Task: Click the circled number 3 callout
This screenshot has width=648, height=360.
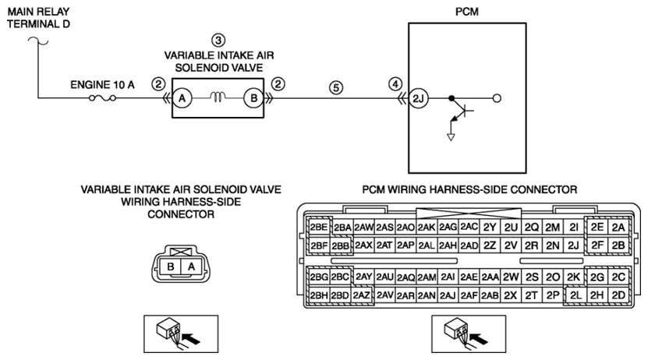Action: (218, 40)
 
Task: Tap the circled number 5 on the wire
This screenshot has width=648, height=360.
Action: (336, 87)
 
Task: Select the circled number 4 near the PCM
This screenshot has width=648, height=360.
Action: (395, 84)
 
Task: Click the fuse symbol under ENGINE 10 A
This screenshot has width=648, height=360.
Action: (102, 98)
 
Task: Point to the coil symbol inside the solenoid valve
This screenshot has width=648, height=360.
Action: (218, 97)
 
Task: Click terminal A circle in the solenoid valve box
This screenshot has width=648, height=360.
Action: (182, 98)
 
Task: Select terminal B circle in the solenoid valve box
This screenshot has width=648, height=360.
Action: (253, 98)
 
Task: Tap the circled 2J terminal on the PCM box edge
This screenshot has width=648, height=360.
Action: (418, 98)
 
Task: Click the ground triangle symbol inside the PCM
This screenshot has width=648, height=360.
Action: (451, 137)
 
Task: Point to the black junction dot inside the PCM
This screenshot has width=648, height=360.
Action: (451, 98)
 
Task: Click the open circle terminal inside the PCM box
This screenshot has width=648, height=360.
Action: (498, 98)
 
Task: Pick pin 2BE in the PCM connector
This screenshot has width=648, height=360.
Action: (319, 227)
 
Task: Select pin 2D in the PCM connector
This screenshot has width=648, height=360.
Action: (618, 295)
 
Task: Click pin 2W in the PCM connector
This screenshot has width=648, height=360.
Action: (511, 277)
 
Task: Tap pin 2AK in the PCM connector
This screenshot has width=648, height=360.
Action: (427, 227)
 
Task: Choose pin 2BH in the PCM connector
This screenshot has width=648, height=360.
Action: (319, 295)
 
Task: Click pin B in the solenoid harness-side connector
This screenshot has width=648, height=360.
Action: (170, 266)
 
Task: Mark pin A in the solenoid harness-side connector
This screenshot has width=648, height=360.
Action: (191, 266)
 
